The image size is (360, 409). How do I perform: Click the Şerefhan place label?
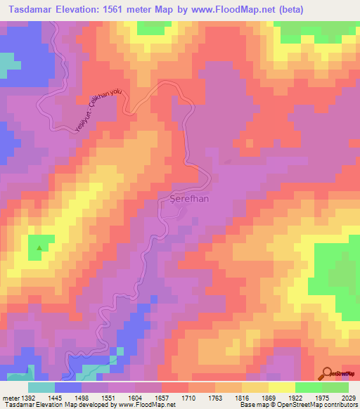coord(190,198)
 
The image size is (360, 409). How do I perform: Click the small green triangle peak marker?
coord(39,247)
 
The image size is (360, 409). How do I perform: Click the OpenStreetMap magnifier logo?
coord(327,373)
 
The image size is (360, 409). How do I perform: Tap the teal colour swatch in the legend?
coord(41,387)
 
